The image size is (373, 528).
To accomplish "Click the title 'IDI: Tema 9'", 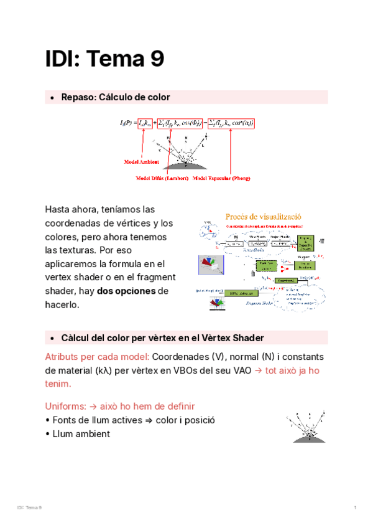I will click(x=104, y=59).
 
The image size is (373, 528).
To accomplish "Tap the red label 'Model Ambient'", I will click(x=141, y=161).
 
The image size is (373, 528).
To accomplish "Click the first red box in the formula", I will click(x=145, y=123).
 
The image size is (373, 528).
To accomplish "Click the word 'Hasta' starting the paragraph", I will click(x=58, y=209).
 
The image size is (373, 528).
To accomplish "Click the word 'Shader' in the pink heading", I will click(x=248, y=337).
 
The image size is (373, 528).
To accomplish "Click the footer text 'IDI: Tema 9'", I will click(x=30, y=509).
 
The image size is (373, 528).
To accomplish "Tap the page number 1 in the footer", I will click(x=354, y=509).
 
